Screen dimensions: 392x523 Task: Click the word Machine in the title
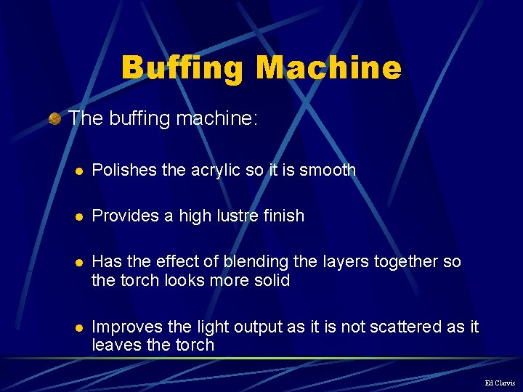click(328, 69)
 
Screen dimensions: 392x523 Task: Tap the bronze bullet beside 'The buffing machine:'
click(54, 118)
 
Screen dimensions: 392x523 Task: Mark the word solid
click(270, 280)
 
